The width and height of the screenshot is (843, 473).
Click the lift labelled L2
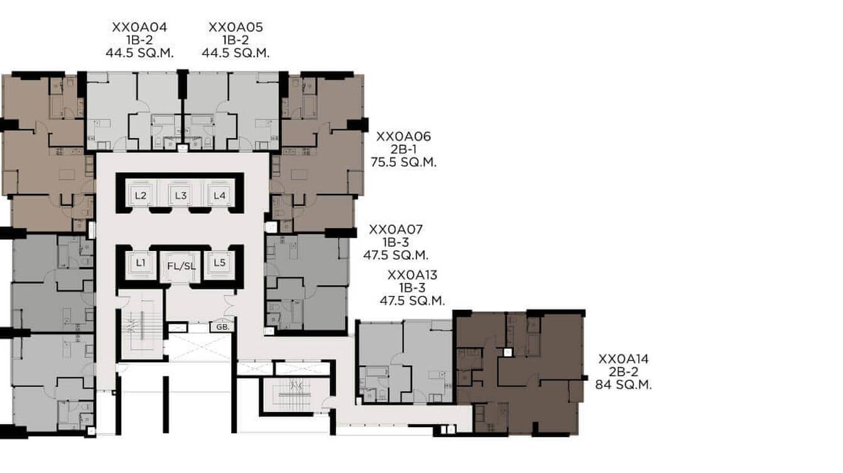tap(141, 195)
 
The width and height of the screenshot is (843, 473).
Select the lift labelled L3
tap(181, 195)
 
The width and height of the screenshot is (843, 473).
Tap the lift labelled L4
tap(219, 195)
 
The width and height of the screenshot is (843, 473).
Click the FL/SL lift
tap(181, 266)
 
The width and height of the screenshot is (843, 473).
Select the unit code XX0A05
tap(236, 28)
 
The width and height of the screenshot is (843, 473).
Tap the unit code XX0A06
tap(403, 136)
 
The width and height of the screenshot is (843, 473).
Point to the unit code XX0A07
tap(396, 230)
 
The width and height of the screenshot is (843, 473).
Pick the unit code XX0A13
tap(412, 275)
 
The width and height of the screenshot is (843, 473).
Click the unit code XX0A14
tap(623, 359)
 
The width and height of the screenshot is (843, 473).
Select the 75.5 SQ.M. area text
tap(403, 162)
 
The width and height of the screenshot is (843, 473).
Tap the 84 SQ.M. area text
tap(623, 385)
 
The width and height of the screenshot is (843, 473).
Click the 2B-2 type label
tap(623, 372)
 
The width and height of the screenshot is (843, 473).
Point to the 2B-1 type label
tap(403, 149)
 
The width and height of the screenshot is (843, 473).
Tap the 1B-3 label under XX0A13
tap(412, 287)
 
